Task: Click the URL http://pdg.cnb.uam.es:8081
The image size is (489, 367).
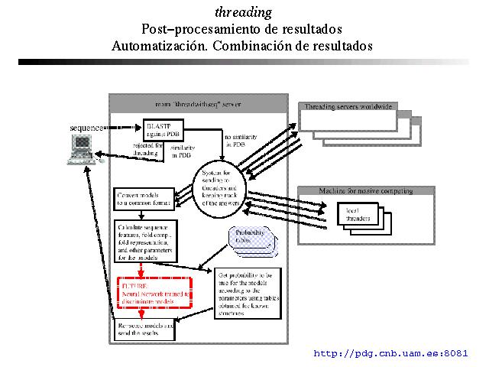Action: click(390, 353)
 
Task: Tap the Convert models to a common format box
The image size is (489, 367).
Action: click(144, 199)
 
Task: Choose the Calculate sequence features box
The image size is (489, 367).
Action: click(146, 240)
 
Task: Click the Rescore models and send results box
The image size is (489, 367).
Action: click(145, 330)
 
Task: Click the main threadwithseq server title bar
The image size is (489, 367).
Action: click(198, 102)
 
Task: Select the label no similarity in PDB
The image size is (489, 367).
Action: click(235, 141)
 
